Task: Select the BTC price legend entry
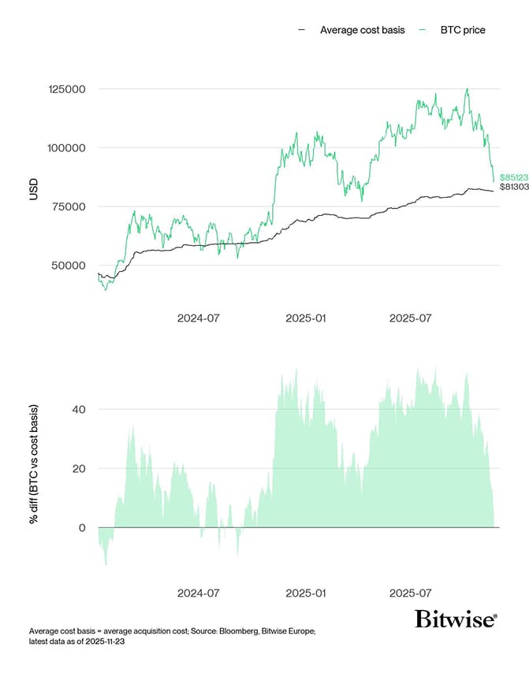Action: pos(463,30)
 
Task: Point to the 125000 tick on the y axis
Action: pos(68,89)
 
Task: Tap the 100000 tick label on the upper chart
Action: pos(68,148)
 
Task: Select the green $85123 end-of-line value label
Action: pos(514,177)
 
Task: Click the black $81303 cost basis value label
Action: pos(514,187)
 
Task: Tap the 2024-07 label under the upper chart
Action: pos(198,318)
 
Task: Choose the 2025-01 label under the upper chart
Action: pos(305,318)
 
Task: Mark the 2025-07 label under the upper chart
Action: pos(411,318)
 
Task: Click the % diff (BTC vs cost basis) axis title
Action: pos(33,465)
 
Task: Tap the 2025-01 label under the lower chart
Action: pos(305,592)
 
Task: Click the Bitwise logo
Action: pos(456,619)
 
